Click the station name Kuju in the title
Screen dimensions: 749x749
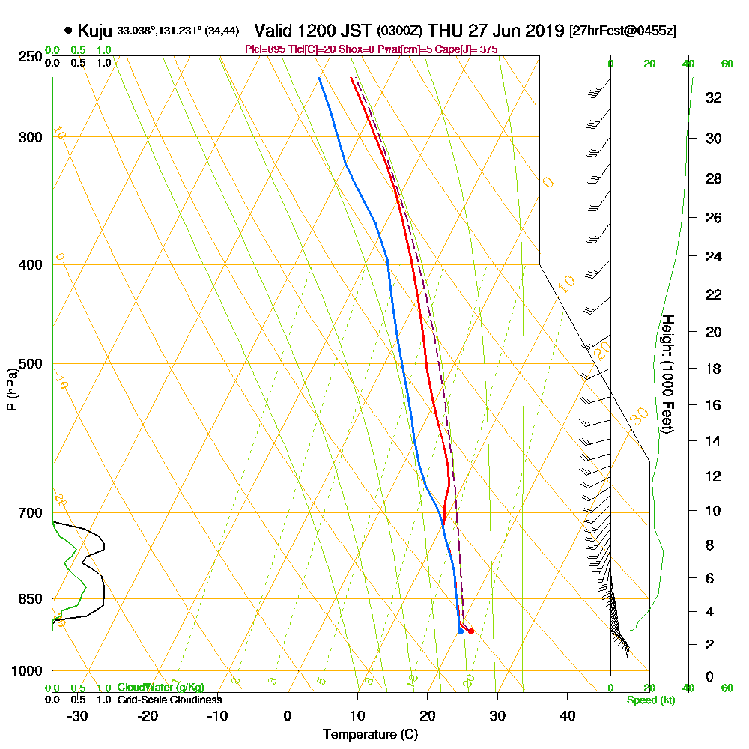[x=95, y=31]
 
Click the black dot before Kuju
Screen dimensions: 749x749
[x=69, y=31]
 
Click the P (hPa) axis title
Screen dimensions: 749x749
[x=11, y=389]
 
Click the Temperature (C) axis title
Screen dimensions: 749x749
[x=370, y=734]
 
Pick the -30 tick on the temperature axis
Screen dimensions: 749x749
[x=78, y=715]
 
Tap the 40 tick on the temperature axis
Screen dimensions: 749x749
[x=567, y=715]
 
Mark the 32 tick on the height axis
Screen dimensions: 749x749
[x=714, y=97]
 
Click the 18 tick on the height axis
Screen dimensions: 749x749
[x=714, y=369]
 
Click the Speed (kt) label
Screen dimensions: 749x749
[x=649, y=700]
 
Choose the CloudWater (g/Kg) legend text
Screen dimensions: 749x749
[x=160, y=688]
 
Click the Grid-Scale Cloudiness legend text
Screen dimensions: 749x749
[x=169, y=700]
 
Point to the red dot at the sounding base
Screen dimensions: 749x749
[x=470, y=631]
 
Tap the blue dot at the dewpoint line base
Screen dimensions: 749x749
[x=460, y=631]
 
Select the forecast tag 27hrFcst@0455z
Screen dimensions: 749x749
[x=623, y=31]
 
